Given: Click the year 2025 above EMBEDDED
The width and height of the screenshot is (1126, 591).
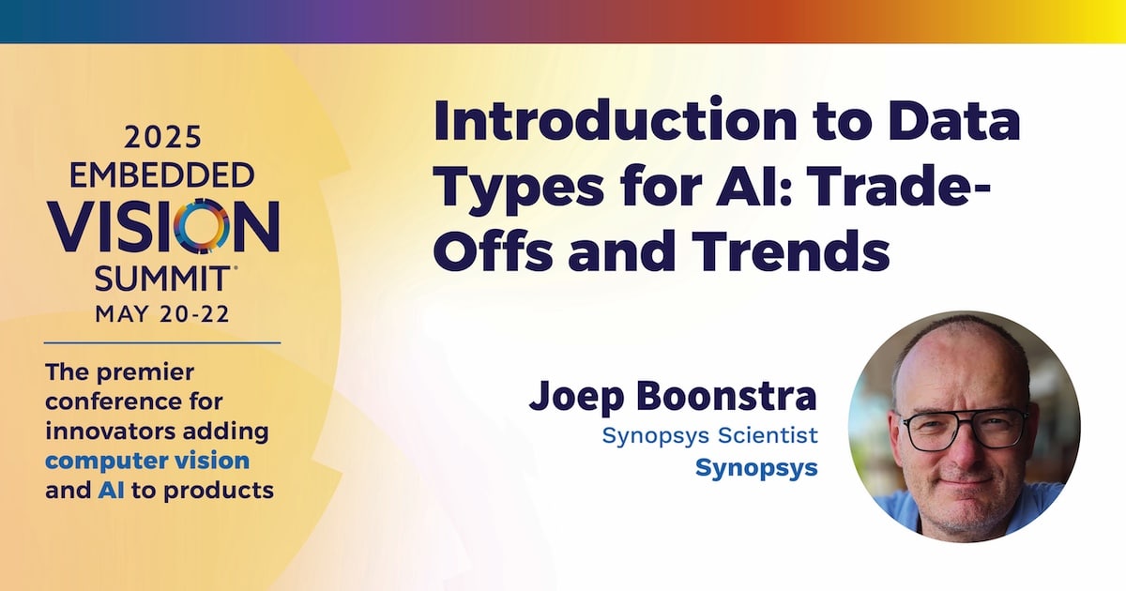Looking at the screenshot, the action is pyautogui.click(x=163, y=137).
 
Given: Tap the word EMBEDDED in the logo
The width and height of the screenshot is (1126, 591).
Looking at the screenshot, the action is pyautogui.click(x=161, y=175).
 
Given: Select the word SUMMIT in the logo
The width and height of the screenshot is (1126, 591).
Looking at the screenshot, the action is pyautogui.click(x=161, y=279).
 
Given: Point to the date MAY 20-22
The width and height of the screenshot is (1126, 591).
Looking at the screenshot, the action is pyautogui.click(x=162, y=314).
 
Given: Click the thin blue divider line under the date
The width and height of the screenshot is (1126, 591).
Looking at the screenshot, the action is pyautogui.click(x=162, y=343).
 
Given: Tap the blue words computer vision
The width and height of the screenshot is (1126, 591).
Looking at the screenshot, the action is pyautogui.click(x=147, y=462).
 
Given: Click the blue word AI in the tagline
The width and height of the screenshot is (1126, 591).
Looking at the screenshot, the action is pyautogui.click(x=111, y=491).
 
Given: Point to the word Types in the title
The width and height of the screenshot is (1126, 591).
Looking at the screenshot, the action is pyautogui.click(x=518, y=189).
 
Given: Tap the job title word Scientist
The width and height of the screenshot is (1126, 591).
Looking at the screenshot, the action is pyautogui.click(x=768, y=435).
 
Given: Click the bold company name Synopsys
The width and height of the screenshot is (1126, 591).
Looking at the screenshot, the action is pyautogui.click(x=756, y=468).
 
